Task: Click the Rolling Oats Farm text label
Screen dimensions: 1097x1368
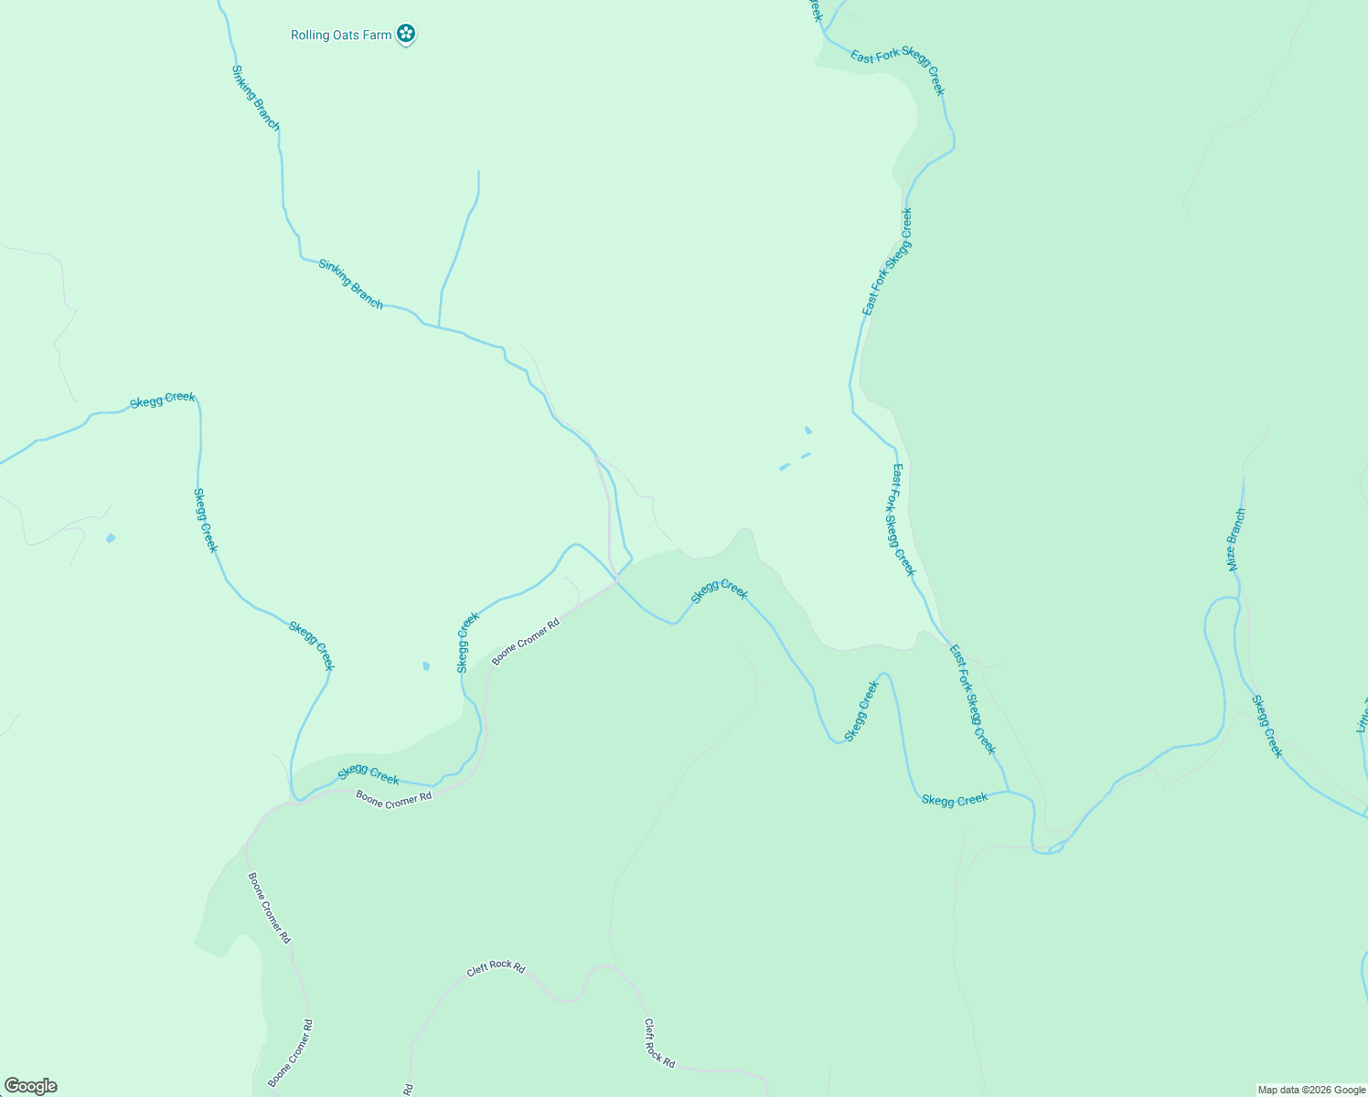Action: (341, 36)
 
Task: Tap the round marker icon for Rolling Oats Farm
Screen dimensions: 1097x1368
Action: (406, 35)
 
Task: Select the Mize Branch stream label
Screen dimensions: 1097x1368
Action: (1235, 539)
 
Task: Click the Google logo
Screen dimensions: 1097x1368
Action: (30, 1086)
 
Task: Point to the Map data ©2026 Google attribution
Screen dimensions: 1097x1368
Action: (1311, 1090)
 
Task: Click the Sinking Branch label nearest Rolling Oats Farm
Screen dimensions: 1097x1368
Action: (255, 97)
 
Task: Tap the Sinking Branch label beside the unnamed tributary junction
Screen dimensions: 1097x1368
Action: (351, 283)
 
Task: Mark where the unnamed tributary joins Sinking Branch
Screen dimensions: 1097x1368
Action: (439, 327)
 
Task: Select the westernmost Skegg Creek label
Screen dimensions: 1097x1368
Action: (163, 399)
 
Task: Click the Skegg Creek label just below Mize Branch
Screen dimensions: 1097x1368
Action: (1266, 727)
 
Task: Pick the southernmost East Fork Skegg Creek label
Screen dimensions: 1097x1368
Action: (972, 699)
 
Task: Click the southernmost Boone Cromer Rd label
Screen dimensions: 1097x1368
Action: (291, 1053)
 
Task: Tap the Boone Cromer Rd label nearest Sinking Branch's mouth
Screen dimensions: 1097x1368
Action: (526, 643)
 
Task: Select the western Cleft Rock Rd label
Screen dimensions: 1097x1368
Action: (496, 967)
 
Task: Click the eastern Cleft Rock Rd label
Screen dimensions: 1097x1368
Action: (659, 1044)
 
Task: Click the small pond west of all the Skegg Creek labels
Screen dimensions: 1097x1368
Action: (111, 538)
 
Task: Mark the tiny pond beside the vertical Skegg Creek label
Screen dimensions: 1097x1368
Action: (425, 666)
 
